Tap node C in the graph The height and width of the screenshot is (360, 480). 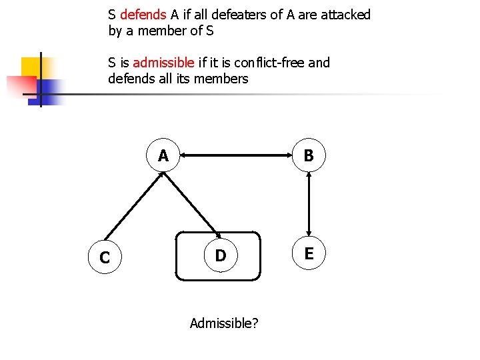pyautogui.click(x=105, y=257)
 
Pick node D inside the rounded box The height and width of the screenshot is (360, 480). pyautogui.click(x=219, y=256)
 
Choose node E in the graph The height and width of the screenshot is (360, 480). pyautogui.click(x=309, y=253)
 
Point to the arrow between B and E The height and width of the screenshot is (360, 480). pyautogui.click(x=309, y=205)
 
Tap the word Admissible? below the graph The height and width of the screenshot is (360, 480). pyautogui.click(x=225, y=323)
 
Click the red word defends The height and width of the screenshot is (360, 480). pyautogui.click(x=143, y=15)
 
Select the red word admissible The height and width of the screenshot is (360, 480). pyautogui.click(x=163, y=63)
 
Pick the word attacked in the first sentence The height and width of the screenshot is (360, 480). pyautogui.click(x=345, y=15)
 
